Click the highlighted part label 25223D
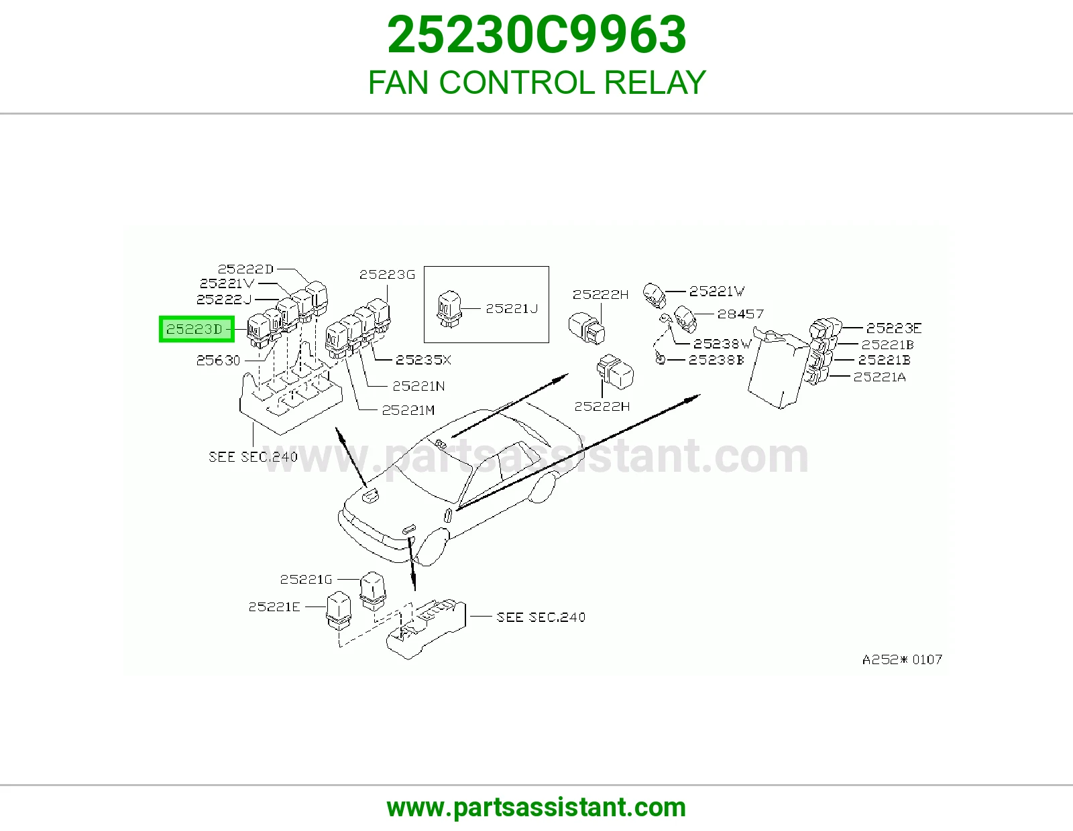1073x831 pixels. (196, 329)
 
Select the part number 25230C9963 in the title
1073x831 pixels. (536, 35)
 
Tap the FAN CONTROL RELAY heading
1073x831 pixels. (536, 82)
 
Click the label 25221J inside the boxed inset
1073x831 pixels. (512, 309)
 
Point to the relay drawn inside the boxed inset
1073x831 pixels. (449, 309)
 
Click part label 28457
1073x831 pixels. (740, 314)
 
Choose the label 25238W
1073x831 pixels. (722, 343)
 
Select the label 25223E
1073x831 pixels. (894, 328)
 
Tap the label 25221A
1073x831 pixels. (879, 377)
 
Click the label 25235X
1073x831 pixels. (423, 361)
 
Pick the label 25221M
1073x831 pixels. (408, 410)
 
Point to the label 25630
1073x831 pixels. (218, 361)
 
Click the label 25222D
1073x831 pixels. (245, 269)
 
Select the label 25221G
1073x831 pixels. (306, 579)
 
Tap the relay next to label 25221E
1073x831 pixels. (338, 611)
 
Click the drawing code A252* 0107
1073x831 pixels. (902, 659)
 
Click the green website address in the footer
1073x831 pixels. (536, 808)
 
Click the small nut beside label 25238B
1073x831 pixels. (660, 360)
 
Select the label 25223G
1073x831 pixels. (387, 274)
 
